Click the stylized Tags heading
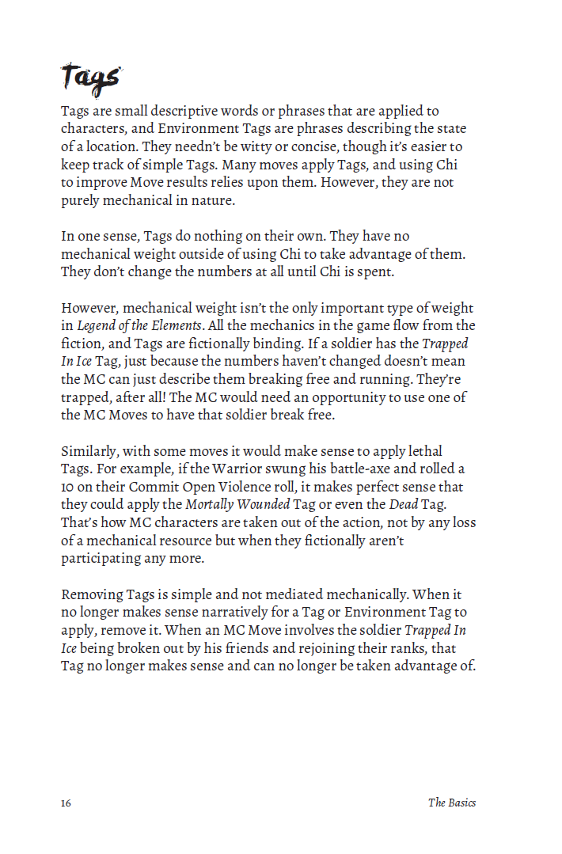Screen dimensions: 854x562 90,78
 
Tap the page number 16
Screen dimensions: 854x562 66,803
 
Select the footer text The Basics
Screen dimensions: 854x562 452,803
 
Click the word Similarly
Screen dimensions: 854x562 89,451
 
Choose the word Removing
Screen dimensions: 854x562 92,594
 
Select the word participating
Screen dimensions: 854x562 103,558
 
